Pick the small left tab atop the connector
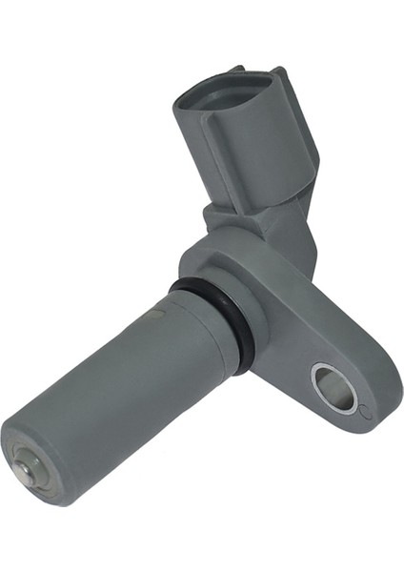(x=235, y=69)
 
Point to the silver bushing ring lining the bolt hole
(x=320, y=377)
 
